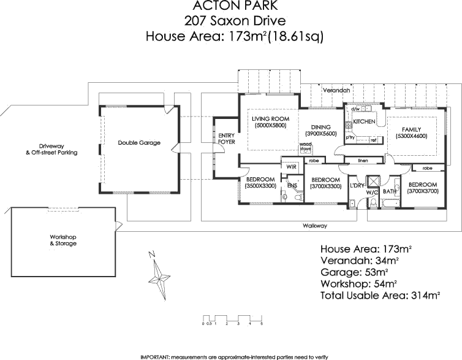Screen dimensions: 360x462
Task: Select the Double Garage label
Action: click(x=139, y=143)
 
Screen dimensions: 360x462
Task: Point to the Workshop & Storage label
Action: click(x=63, y=240)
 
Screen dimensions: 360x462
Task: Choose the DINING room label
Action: click(x=321, y=127)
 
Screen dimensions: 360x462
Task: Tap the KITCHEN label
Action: click(x=364, y=122)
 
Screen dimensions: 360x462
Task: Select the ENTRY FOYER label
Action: click(x=227, y=139)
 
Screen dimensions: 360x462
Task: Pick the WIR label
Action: click(x=289, y=166)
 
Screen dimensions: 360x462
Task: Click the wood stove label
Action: click(x=305, y=147)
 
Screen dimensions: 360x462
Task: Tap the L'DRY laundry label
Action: click(x=357, y=185)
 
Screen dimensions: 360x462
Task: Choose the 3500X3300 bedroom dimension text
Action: click(x=260, y=186)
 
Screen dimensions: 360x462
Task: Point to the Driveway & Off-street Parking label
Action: click(x=51, y=149)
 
